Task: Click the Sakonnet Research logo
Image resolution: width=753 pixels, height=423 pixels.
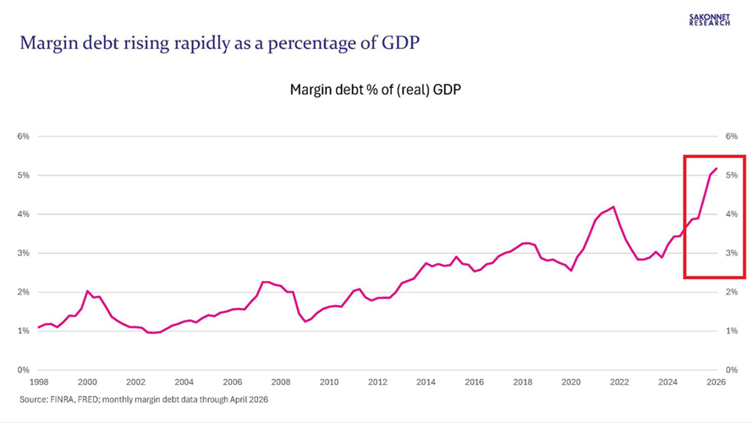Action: coord(709,19)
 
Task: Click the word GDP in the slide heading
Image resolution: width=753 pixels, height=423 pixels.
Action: coord(400,43)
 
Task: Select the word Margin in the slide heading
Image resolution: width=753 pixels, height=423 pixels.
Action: coord(49,44)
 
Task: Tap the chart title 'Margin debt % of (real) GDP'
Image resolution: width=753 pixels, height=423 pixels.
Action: coord(376,90)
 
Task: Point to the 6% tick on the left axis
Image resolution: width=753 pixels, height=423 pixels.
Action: coord(23,136)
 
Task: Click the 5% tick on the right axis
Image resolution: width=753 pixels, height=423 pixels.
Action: coord(731,175)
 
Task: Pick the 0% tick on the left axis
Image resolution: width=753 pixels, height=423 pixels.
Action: coord(23,370)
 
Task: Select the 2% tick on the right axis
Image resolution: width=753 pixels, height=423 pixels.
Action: coord(731,292)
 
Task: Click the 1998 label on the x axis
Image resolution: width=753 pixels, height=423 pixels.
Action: coord(39,382)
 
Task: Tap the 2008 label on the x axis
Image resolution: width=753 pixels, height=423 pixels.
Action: coord(280,382)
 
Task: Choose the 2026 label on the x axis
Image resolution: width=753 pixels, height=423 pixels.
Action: coord(716,382)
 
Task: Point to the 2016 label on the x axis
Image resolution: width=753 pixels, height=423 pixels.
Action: coord(474,382)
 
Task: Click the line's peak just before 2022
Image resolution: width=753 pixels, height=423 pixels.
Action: coord(613,207)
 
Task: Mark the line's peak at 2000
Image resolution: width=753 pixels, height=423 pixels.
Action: coord(87,291)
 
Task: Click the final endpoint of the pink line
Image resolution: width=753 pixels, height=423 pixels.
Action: coord(717,168)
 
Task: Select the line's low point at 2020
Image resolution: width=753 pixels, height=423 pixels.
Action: coord(571,271)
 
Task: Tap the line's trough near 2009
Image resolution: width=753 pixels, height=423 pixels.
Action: coord(305,321)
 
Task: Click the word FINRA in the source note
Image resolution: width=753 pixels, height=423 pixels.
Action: coord(62,399)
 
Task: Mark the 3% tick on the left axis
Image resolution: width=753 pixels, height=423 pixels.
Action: coord(23,253)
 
